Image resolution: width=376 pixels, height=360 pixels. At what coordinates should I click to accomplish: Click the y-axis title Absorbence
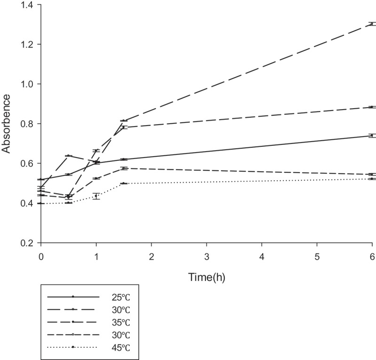[6, 123]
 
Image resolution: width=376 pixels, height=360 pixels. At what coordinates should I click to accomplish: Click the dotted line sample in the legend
[73, 348]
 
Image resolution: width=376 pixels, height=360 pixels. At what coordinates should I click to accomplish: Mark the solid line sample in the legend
[73, 297]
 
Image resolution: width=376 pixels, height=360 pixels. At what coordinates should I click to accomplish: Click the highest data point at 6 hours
[372, 24]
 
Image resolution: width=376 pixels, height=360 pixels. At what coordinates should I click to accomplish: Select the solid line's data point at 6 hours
[372, 136]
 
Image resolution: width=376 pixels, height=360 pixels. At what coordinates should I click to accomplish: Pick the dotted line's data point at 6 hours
[372, 179]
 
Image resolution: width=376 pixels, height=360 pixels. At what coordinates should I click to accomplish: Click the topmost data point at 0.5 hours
[69, 156]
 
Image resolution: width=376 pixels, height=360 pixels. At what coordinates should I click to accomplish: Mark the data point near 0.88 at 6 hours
[372, 107]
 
